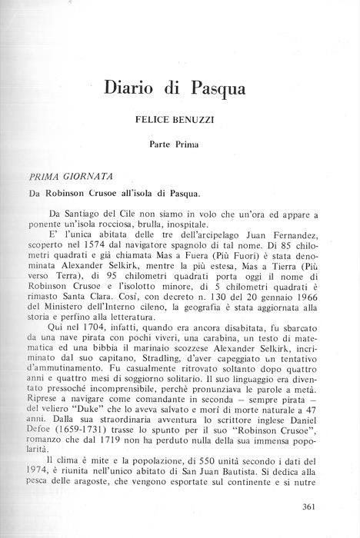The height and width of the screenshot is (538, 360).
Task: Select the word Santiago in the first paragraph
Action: (x=100, y=210)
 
